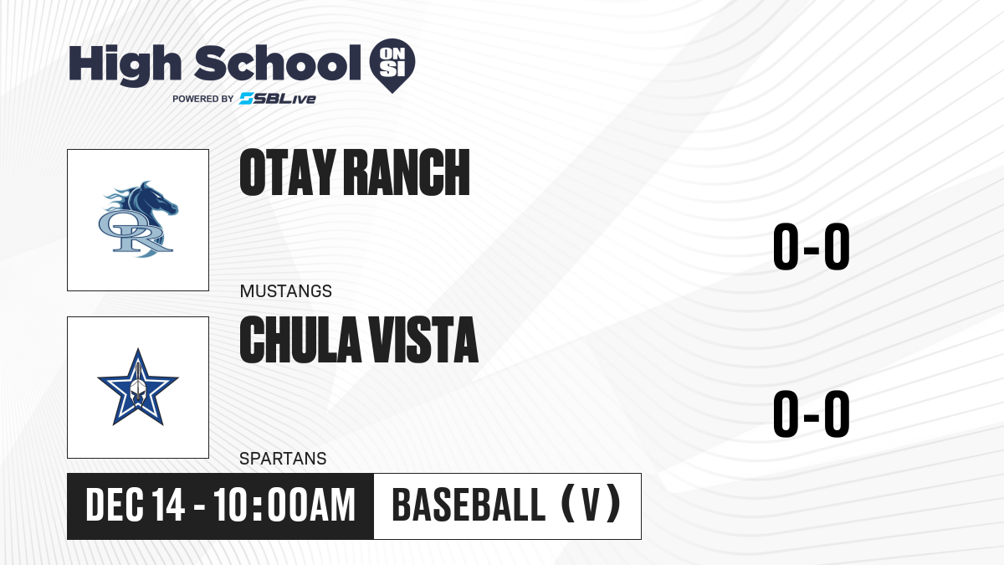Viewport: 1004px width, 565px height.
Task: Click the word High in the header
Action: [x=125, y=64]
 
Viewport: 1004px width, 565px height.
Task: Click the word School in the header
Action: [x=278, y=63]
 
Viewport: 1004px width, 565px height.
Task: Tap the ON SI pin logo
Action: [x=392, y=65]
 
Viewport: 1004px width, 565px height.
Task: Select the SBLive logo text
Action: [x=278, y=99]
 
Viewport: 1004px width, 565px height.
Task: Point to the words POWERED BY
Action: [x=203, y=99]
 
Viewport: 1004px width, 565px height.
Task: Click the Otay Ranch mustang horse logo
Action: [x=138, y=219]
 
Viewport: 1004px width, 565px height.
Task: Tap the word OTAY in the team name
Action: [x=288, y=172]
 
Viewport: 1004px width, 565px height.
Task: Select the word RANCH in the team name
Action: [x=407, y=172]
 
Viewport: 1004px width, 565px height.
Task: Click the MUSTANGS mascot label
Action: [x=286, y=291]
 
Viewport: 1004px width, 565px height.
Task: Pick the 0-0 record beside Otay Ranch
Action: [x=812, y=246]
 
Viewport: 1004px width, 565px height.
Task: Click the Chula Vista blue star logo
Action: [x=138, y=387]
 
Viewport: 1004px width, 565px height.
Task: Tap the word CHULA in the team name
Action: [x=300, y=340]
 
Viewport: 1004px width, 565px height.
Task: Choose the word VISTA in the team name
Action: [x=423, y=340]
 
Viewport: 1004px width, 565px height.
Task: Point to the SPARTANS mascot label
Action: [x=283, y=459]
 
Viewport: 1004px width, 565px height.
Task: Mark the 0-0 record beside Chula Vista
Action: [x=812, y=413]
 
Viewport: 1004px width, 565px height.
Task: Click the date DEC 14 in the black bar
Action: [x=135, y=505]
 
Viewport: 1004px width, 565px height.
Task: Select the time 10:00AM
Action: [x=284, y=505]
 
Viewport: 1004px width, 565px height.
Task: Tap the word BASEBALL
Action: [x=469, y=505]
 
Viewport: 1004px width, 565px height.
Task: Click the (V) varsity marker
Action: [x=592, y=504]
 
